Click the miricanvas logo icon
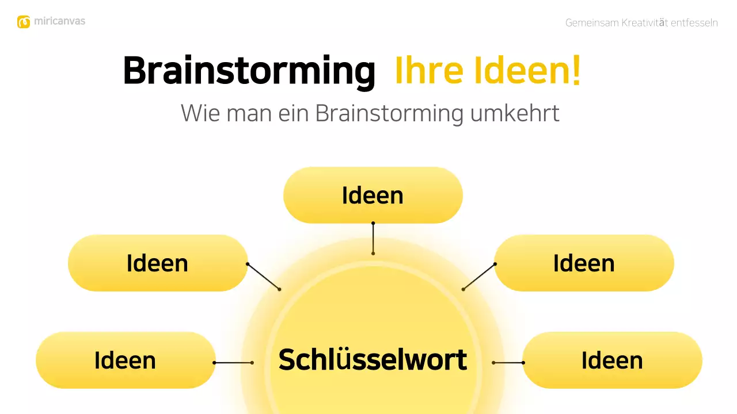click(24, 22)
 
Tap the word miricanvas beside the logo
click(59, 21)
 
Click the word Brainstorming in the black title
click(249, 71)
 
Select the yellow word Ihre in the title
click(428, 71)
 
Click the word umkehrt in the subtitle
click(515, 113)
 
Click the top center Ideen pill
click(373, 195)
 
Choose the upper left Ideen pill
click(157, 263)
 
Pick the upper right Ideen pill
click(584, 263)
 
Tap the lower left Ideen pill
click(125, 360)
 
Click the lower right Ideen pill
click(612, 360)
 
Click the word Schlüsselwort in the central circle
click(373, 360)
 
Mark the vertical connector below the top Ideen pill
click(373, 238)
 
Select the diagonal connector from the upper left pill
click(264, 277)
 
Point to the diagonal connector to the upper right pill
click(479, 277)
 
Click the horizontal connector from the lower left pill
click(233, 363)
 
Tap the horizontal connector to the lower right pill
click(508, 363)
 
